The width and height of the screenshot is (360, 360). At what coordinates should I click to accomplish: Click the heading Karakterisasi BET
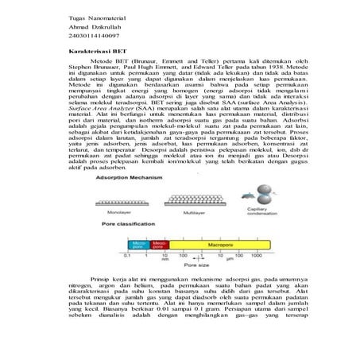(x=95, y=70)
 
